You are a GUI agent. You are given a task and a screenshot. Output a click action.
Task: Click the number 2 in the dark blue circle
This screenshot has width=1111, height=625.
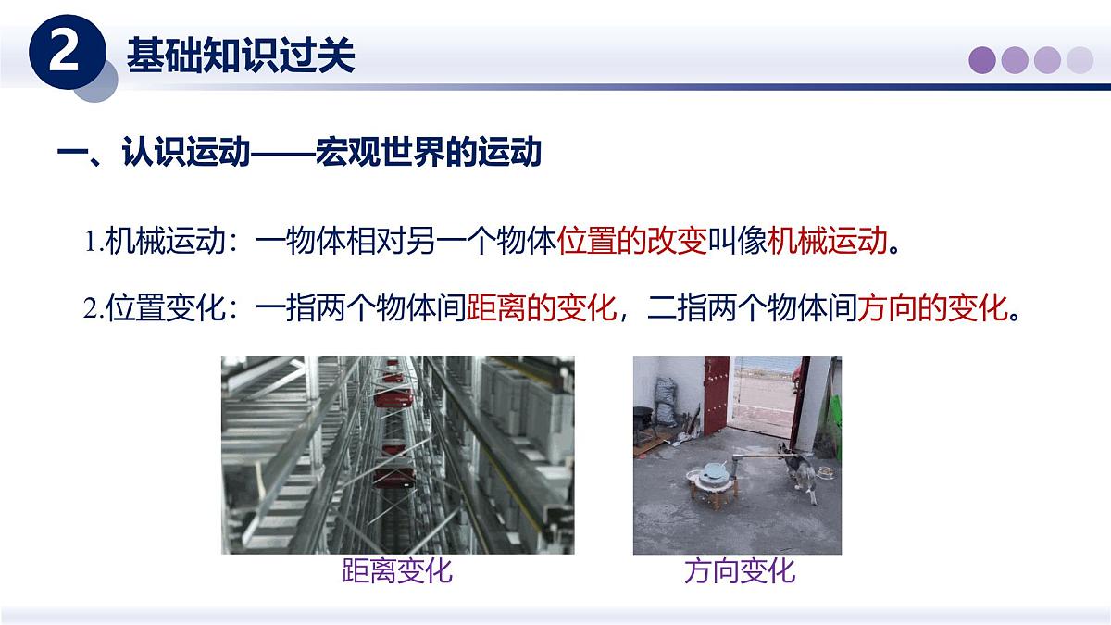pos(63,54)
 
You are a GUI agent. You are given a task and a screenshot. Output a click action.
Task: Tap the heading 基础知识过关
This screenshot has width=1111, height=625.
pos(241,56)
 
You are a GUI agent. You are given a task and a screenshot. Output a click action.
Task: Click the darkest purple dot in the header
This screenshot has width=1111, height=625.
pos(982,60)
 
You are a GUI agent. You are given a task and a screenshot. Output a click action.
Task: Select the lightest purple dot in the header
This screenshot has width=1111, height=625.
pos(1080,60)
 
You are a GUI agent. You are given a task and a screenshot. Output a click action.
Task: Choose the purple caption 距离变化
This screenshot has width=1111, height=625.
pos(397,570)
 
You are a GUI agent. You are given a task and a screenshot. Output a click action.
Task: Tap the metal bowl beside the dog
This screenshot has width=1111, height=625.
pos(824,474)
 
